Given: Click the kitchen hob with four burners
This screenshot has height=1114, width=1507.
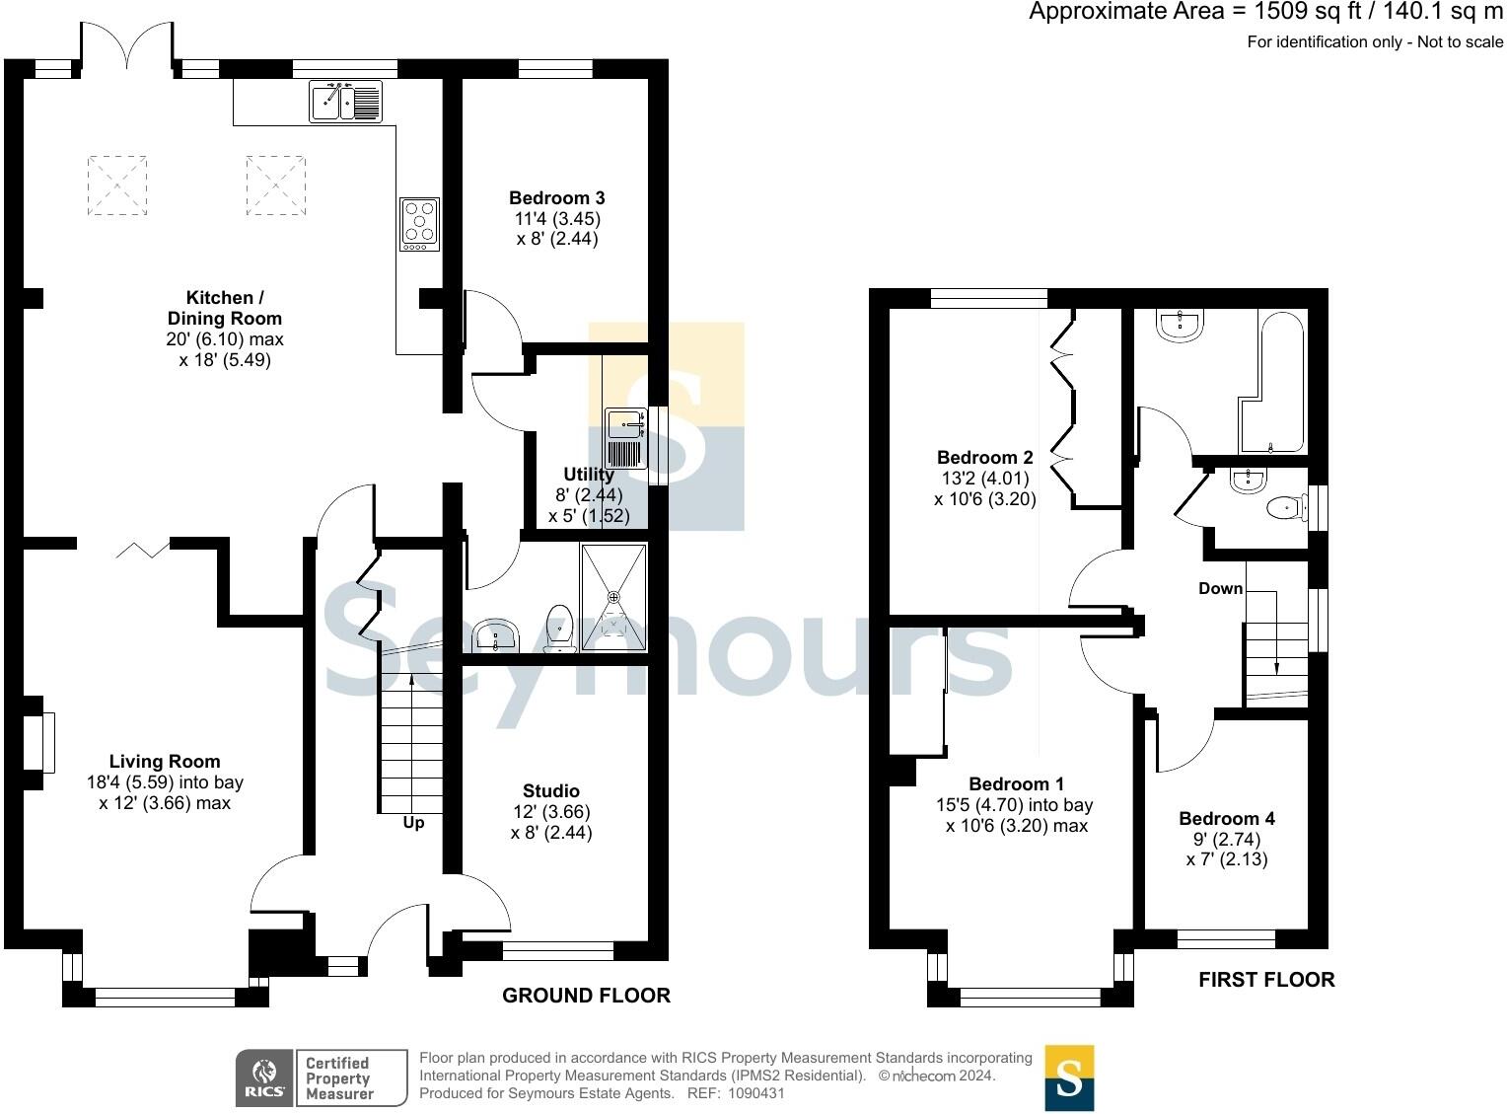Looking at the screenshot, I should point(419,224).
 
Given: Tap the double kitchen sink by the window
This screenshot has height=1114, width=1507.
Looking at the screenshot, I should point(345,101).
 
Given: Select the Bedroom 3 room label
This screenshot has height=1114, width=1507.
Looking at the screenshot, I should point(556,198).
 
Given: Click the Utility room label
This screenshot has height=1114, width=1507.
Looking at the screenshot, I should point(589,475).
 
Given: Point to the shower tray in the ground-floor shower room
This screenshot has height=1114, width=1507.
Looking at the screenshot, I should point(613,597).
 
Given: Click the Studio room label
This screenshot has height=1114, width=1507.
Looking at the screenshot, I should point(551,790).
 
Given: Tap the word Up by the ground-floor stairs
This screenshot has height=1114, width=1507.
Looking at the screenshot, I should point(413,822).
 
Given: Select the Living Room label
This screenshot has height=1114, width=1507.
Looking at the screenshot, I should point(165,761).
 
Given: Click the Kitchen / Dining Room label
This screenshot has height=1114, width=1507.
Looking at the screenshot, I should point(224,308).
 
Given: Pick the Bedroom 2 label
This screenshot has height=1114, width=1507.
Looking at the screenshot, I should point(984,457).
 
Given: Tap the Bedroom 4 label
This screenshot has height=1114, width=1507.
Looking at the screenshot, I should point(1226,818).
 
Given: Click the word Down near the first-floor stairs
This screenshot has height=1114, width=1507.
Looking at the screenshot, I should point(1220,588).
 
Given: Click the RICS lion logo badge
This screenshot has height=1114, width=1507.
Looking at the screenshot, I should point(264,1077).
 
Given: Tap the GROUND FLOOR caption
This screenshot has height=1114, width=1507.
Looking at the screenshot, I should point(586,996).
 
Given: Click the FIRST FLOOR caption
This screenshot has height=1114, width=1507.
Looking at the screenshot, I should point(1266,980).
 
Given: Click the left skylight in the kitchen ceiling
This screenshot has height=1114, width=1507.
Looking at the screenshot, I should point(117,185).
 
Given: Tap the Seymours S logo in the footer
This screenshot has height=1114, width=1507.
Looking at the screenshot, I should point(1069,1077).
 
